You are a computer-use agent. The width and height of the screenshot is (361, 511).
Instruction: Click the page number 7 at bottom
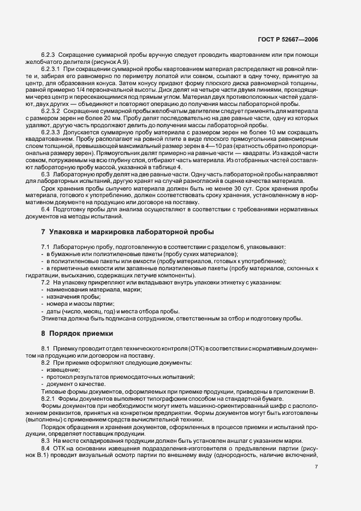(316, 466)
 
